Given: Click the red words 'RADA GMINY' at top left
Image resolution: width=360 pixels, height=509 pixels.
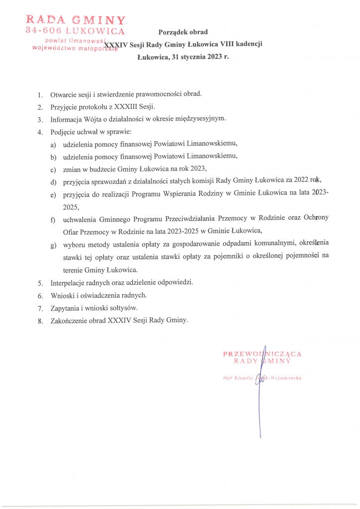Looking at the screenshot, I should (76, 20).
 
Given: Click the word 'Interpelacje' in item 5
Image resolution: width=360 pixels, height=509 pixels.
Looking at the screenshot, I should (67, 283).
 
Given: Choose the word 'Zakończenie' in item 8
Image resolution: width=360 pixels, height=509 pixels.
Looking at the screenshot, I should (68, 321).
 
